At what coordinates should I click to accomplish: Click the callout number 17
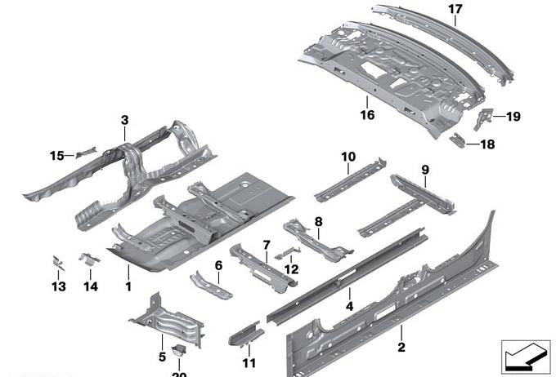pos(455,9)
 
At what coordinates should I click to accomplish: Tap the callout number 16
pos(368,115)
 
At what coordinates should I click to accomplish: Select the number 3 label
pos(124,120)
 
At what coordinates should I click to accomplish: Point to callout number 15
pos(56,155)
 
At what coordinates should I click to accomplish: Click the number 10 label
pos(348,156)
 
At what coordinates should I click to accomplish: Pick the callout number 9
pos(425,170)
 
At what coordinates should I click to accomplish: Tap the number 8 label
pos(318,221)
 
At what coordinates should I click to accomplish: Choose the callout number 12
pos(291,268)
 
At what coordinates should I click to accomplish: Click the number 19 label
pos(513,117)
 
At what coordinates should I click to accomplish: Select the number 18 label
pos(487,144)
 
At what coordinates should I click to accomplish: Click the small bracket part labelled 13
pos(58,264)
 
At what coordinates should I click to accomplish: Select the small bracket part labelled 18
pos(462,140)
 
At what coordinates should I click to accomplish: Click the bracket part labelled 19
pos(485,118)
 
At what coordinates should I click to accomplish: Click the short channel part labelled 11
pos(246,332)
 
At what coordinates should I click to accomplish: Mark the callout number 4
pos(349,307)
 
